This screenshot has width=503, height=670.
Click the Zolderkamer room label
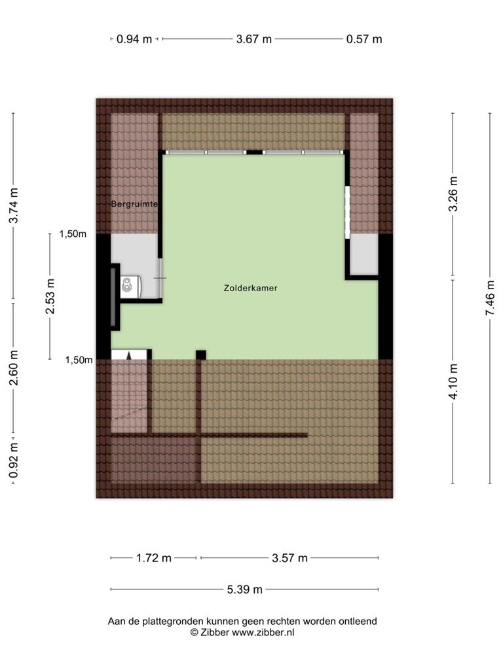[251, 288]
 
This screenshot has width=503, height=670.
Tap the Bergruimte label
[134, 204]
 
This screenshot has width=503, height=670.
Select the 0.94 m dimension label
[134, 39]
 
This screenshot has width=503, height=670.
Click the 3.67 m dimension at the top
[253, 39]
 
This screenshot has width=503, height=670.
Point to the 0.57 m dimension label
[364, 39]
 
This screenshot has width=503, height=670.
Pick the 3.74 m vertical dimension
[14, 205]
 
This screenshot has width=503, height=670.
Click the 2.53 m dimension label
[50, 296]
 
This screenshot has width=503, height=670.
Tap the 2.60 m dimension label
[14, 368]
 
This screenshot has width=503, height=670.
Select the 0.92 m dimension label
[14, 460]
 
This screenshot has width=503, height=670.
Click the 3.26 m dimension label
[453, 194]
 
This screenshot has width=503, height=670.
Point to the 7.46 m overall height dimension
[490, 298]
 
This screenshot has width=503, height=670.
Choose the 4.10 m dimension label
[453, 381]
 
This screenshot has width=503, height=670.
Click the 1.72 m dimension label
[153, 557]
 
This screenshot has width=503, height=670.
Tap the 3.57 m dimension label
[289, 557]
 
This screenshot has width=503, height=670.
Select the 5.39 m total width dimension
[244, 590]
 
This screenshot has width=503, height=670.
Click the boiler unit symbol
[130, 287]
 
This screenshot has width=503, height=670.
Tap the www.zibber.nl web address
[263, 633]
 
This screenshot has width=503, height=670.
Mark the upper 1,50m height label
[73, 234]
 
